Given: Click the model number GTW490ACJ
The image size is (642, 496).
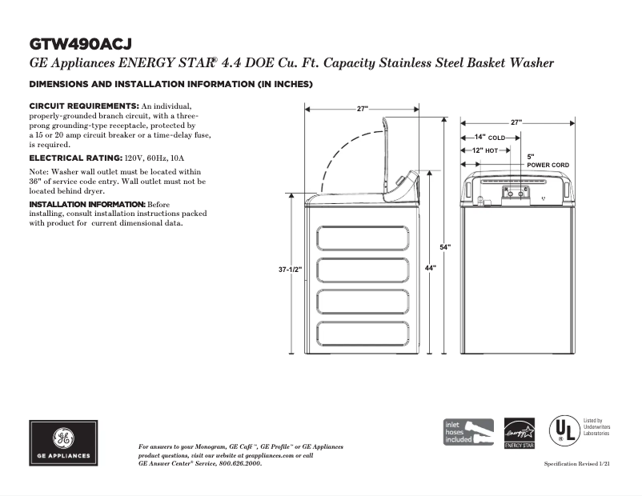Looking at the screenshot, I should [80, 42].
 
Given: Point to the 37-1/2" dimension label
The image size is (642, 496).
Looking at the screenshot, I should [290, 270].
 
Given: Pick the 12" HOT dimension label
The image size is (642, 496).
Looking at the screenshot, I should [485, 150].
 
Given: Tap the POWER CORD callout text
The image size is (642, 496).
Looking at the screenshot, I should [548, 165].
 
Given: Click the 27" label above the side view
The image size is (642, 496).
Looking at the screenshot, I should [363, 109].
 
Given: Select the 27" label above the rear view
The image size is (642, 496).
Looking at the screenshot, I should [516, 122].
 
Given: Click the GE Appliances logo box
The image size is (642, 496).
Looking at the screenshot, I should [65, 442].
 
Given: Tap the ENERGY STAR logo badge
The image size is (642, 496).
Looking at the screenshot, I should [519, 434].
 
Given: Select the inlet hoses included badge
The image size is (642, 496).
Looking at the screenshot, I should [468, 432].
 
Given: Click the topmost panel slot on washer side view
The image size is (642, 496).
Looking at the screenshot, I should [363, 238].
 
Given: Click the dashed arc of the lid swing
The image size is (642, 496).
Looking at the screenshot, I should [340, 148].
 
